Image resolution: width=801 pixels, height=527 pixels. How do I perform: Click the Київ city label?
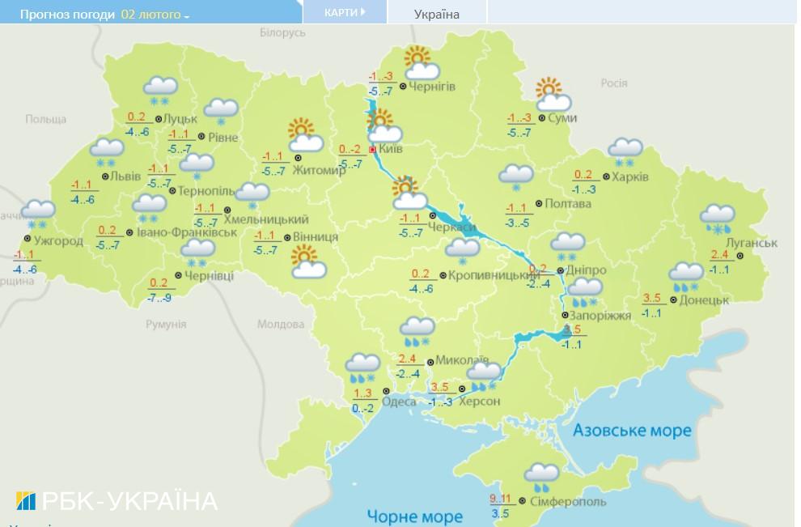click(x=392, y=150)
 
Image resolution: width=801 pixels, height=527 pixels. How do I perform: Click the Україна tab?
click(x=436, y=14)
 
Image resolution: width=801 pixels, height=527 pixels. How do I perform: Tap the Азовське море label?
click(x=632, y=430)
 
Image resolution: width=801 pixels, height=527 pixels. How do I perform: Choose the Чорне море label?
click(x=415, y=516)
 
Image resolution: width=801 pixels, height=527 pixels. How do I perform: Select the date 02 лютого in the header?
click(x=151, y=15)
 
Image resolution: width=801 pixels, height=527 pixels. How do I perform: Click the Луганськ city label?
click(x=752, y=243)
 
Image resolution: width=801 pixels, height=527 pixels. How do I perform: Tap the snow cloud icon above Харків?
click(x=625, y=151)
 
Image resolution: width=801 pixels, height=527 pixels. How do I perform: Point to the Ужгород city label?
click(x=59, y=240)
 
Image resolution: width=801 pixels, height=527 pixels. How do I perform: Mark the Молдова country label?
click(x=280, y=324)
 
